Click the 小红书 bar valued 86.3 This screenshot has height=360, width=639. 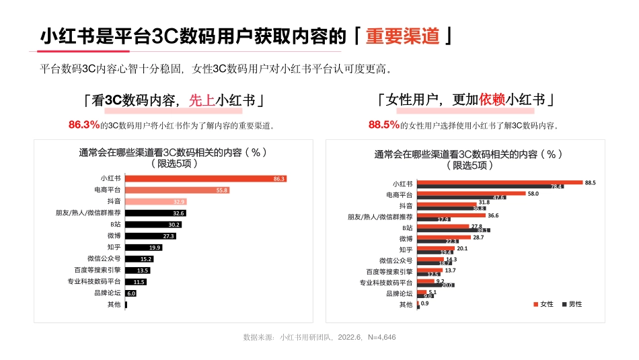click(x=206, y=178)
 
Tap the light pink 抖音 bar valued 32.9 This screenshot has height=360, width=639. click(x=155, y=201)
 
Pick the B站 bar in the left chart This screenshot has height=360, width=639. click(x=153, y=224)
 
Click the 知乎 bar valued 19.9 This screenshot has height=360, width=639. click(x=143, y=247)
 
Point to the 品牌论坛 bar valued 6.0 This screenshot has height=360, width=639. click(x=131, y=293)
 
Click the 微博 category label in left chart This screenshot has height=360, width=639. click(x=113, y=236)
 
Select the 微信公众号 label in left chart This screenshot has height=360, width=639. click(x=104, y=259)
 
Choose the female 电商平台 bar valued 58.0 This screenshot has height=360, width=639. click(x=471, y=193)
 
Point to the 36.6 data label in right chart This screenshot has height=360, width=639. click(x=493, y=215)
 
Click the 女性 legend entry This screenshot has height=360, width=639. click(x=543, y=304)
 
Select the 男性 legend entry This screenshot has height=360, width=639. click(x=572, y=304)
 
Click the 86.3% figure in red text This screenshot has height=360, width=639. click(x=83, y=124)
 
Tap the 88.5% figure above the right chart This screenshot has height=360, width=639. click(x=384, y=124)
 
